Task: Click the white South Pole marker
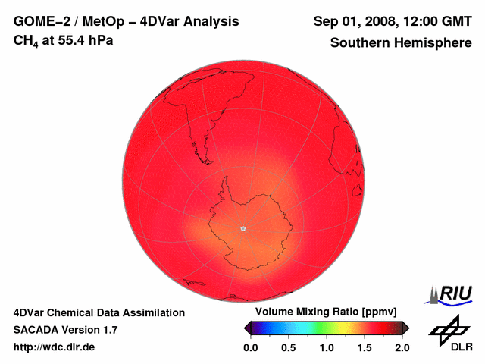click(242, 228)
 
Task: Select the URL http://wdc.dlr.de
click(55, 347)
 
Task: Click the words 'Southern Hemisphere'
click(401, 43)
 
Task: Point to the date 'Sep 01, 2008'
click(350, 21)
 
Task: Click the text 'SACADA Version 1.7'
click(65, 330)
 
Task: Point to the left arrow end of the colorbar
click(247, 328)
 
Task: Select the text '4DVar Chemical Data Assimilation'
click(99, 312)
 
